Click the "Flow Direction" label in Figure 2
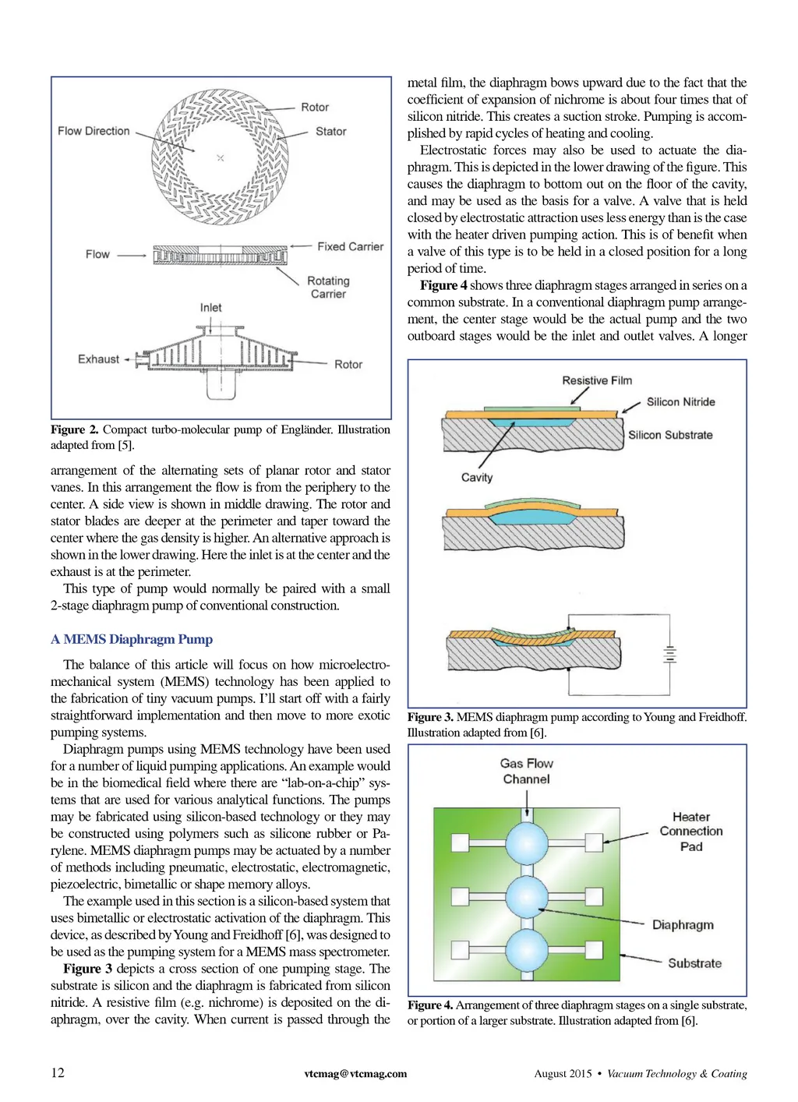[94, 131]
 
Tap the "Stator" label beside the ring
[330, 132]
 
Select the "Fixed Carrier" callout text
[350, 246]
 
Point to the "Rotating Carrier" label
[328, 287]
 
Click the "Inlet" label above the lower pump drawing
[210, 308]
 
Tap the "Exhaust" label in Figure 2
[98, 359]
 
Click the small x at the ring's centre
[221, 158]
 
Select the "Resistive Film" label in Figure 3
[597, 380]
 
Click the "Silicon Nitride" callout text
[680, 402]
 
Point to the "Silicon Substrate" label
[670, 435]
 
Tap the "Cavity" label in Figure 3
[477, 477]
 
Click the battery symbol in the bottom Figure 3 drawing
[669, 655]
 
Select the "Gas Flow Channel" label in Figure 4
[527, 771]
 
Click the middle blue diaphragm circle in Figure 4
[528, 896]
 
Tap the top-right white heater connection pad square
[595, 842]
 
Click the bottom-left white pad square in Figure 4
[460, 950]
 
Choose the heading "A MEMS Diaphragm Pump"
[132, 640]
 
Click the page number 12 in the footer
[58, 1072]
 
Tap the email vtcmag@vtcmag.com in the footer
[355, 1073]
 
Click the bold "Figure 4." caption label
[429, 1005]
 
